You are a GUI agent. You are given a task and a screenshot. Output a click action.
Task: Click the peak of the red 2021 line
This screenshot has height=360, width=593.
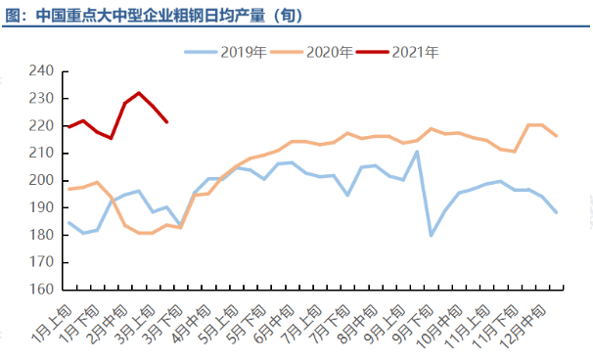pyautogui.click(x=139, y=93)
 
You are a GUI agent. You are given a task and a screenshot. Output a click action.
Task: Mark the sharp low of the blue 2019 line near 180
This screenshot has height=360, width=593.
pyautogui.click(x=431, y=235)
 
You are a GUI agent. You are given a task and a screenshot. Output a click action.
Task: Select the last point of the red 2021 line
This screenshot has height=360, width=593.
pyautogui.click(x=167, y=121)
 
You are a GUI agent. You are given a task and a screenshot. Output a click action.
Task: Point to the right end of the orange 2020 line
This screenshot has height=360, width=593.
pyautogui.click(x=557, y=136)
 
